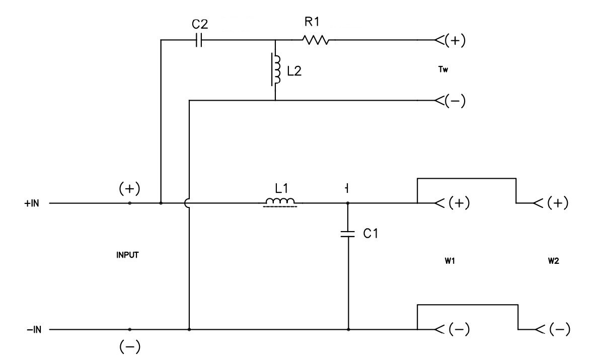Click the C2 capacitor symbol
click(x=199, y=41)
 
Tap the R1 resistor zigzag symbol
click(x=316, y=40)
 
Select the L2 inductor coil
click(x=276, y=69)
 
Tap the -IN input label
click(x=33, y=330)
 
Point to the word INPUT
click(x=127, y=255)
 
